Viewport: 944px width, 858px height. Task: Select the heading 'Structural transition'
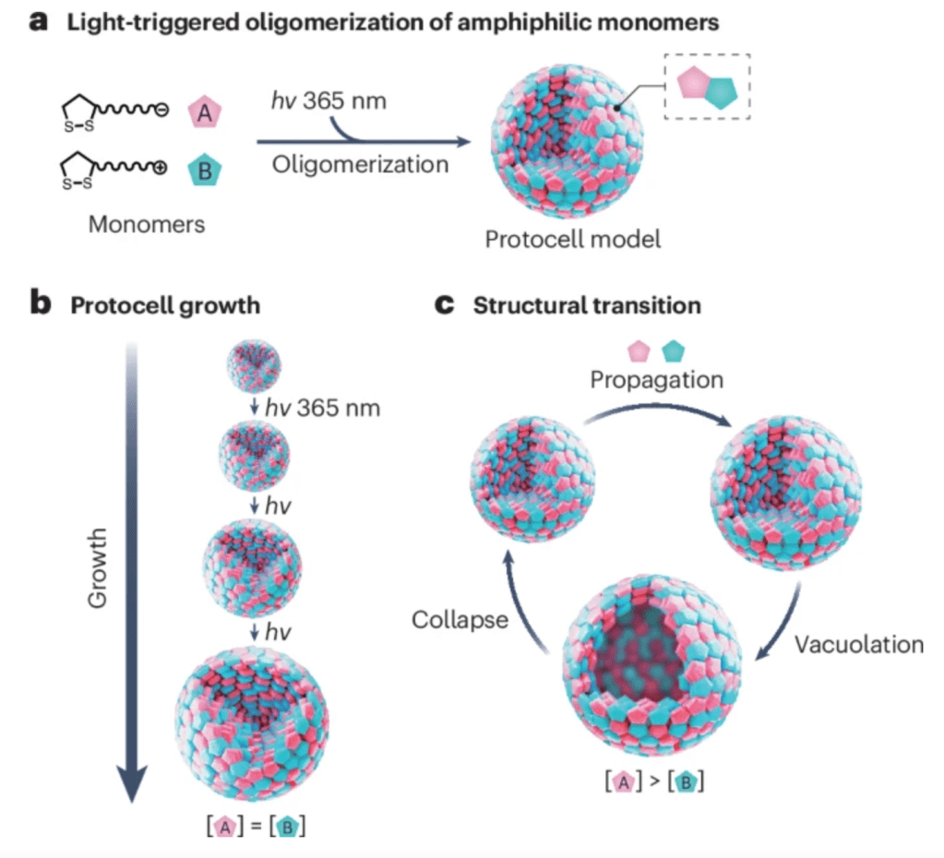[587, 305]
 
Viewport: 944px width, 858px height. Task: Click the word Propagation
[656, 379]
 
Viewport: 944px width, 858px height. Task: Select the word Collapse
[461, 619]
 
